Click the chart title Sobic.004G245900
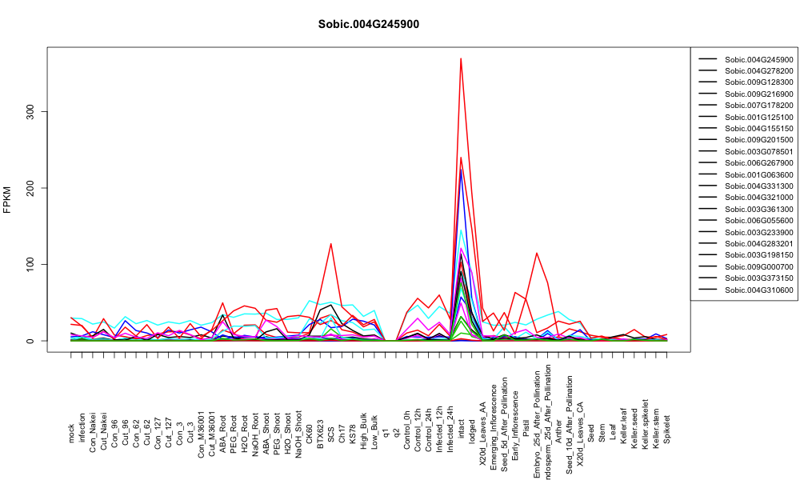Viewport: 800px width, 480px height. click(x=368, y=25)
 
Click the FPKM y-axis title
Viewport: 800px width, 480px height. click(x=7, y=199)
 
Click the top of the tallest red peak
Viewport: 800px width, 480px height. click(x=461, y=58)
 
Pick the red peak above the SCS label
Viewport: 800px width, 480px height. click(x=330, y=244)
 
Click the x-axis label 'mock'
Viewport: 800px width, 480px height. click(x=71, y=434)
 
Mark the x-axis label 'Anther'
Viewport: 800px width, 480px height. click(x=558, y=430)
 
